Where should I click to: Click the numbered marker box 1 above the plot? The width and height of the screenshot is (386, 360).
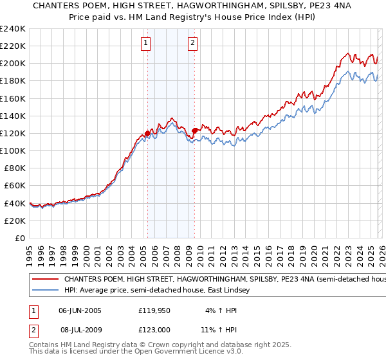pos(146,44)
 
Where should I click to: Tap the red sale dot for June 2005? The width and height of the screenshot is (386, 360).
pos(147,134)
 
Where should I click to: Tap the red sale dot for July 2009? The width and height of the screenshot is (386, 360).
pos(194,130)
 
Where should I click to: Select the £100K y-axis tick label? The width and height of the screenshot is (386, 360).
pos(13,150)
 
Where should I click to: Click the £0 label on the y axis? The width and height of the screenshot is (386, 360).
pos(21,238)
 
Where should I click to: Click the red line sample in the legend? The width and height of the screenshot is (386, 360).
pos(45,280)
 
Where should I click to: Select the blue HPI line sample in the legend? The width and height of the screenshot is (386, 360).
pos(45,291)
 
